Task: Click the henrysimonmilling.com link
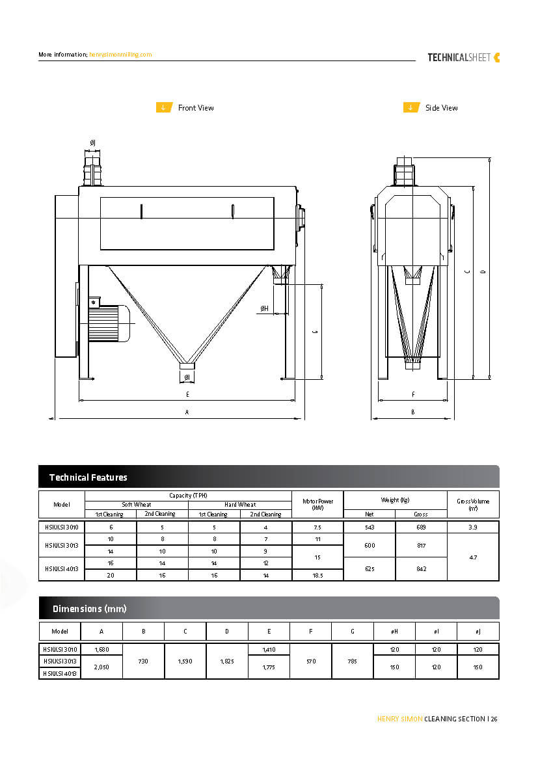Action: coord(120,55)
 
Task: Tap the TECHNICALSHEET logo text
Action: coord(459,57)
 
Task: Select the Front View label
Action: coord(196,108)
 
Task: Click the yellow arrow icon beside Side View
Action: coord(411,108)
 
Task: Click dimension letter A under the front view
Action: coord(187,412)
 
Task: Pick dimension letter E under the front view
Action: coord(187,394)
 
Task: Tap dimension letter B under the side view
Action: coord(413,412)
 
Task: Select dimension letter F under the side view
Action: coord(413,394)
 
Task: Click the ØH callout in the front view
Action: coord(265,308)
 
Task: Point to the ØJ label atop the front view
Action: coord(92,142)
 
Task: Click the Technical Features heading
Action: coord(88,477)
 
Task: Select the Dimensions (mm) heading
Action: coord(89,609)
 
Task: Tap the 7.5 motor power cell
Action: coord(317,527)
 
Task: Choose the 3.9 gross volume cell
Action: coord(473,527)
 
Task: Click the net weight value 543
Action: coord(370,527)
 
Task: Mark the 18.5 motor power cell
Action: coord(317,576)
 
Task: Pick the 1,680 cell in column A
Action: coord(101,650)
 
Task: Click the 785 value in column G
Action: coord(352,661)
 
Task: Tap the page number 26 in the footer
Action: coord(494,719)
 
